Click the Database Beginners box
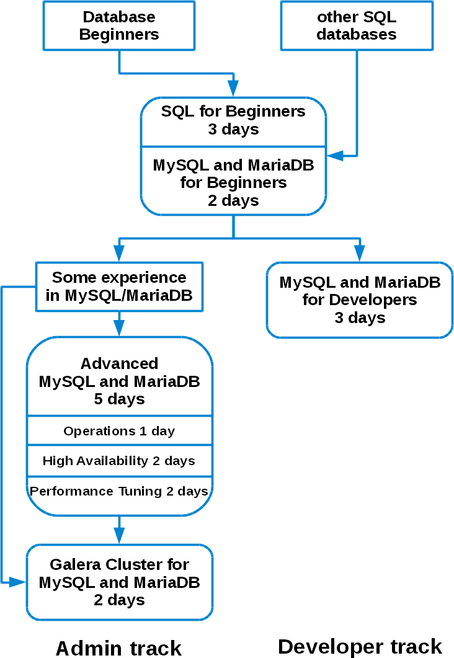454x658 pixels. point(119,26)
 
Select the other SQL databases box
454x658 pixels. point(356,26)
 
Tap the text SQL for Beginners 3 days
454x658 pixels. point(233,120)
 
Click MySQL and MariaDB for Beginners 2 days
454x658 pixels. point(233,183)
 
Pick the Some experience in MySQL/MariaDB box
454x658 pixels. point(119,287)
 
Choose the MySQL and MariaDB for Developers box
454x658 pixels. point(360,300)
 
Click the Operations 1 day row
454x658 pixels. point(119,431)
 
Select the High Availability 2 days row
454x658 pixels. point(119,461)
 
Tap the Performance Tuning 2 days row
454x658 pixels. point(119,491)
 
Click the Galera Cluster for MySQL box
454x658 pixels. point(119,582)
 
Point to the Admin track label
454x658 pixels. point(118,647)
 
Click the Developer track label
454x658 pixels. point(360,646)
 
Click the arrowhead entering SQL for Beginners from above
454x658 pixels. point(233,88)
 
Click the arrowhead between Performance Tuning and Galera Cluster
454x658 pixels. point(119,535)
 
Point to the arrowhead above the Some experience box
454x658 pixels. point(119,252)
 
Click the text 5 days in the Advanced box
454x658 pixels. point(119,399)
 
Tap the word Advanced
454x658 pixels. point(119,363)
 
